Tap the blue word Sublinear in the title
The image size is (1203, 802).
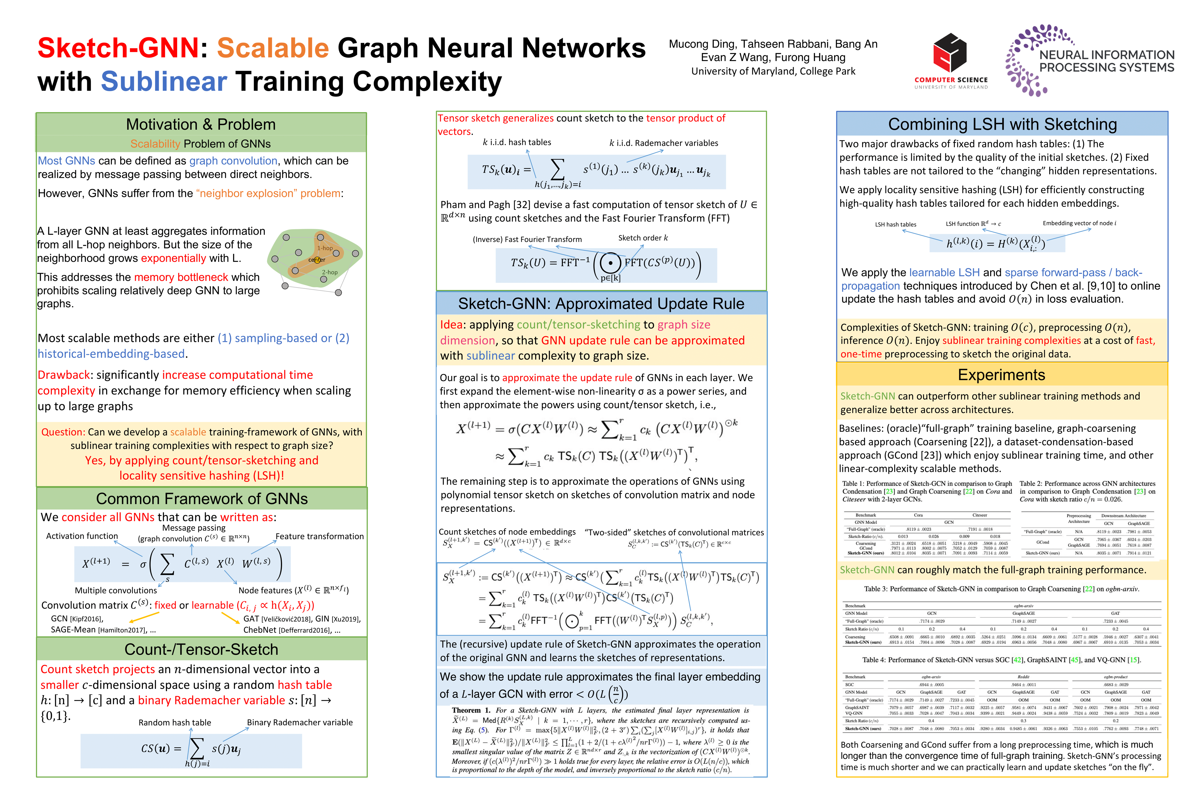[x=164, y=81]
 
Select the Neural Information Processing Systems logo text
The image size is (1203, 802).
[x=1106, y=61]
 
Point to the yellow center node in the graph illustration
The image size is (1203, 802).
[x=317, y=260]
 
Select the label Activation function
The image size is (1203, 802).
[x=82, y=536]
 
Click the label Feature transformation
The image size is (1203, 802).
[x=320, y=536]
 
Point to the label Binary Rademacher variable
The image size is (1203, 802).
[x=300, y=722]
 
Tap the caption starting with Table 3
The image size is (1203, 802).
[x=1001, y=589]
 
